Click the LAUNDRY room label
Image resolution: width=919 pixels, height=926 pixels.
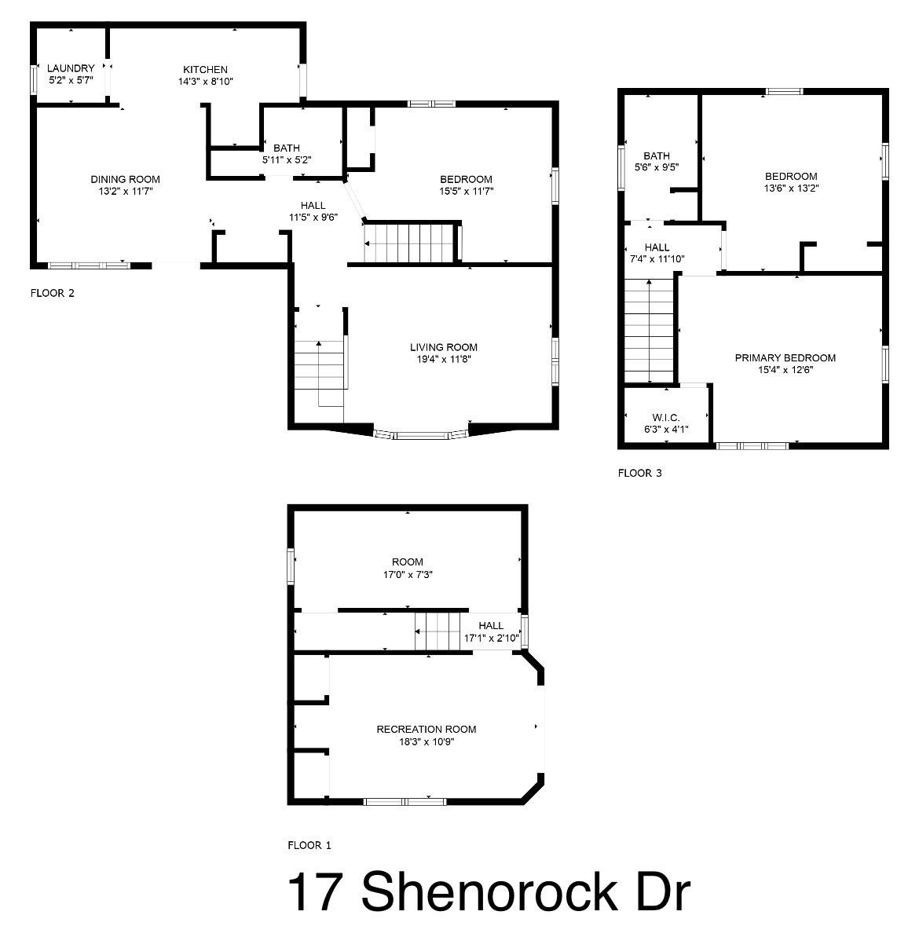point(71,68)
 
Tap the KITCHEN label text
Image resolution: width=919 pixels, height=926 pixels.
point(205,69)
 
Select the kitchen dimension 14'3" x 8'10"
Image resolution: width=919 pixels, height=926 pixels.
point(205,81)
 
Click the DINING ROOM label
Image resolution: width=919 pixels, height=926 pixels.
point(125,179)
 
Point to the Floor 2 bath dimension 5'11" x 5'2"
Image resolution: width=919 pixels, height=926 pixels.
point(287,159)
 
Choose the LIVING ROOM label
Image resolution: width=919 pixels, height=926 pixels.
point(443,347)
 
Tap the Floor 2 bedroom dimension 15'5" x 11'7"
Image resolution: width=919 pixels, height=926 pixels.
point(466,191)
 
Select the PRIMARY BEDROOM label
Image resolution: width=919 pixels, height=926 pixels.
point(785,357)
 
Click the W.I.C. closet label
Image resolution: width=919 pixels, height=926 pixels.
point(665,416)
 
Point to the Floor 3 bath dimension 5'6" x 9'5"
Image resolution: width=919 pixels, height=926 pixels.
point(656,167)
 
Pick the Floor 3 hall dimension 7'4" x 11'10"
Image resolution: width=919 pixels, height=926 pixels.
point(657,258)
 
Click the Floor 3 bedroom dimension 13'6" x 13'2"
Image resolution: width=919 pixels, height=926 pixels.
point(790,188)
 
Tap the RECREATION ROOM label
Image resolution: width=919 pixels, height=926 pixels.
point(426,729)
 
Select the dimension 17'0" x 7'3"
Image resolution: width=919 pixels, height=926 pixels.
point(408,574)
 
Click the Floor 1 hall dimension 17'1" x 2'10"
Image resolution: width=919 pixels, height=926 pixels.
point(491,638)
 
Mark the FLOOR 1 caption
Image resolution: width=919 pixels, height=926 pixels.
point(309,845)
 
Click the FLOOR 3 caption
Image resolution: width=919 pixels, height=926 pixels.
point(639,473)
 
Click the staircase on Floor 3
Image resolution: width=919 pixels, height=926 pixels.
point(650,330)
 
